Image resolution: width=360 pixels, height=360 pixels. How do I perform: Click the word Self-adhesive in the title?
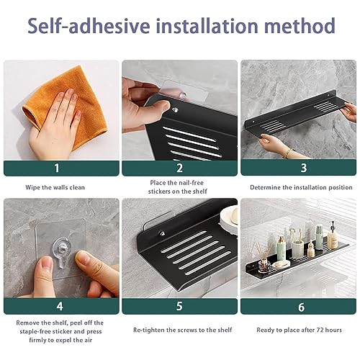[x=89, y=26]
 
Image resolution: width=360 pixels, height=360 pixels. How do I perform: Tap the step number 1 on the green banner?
[x=57, y=168]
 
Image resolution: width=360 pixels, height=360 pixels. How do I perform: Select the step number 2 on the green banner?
[x=179, y=168]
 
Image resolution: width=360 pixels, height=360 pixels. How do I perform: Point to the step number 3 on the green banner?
[x=304, y=168]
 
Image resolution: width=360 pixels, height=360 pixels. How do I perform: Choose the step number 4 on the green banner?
[x=60, y=306]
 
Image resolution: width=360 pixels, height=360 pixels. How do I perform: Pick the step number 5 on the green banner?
[x=179, y=306]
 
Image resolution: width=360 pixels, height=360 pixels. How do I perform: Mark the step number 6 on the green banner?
[x=302, y=307]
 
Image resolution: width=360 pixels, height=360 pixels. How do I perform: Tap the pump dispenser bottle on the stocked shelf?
[x=333, y=235]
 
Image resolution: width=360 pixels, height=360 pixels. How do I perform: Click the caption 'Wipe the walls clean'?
[x=55, y=187]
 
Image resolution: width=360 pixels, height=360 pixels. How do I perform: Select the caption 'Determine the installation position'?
[x=301, y=187]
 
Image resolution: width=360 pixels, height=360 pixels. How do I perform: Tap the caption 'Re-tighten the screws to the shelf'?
[x=183, y=330]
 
